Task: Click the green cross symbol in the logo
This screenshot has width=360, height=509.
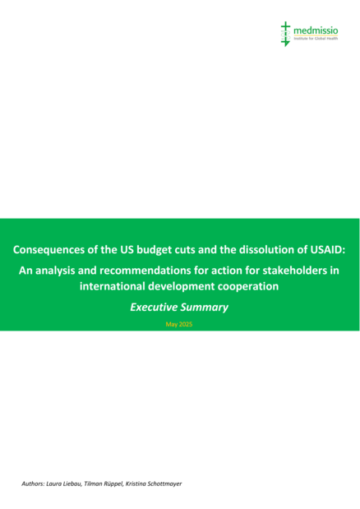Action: tap(285, 34)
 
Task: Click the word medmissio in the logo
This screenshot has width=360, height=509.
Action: tap(316, 31)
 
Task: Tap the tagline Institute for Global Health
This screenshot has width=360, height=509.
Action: tap(316, 39)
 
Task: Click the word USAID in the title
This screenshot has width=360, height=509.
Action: tap(328, 250)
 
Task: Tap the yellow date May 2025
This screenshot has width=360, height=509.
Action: tap(179, 324)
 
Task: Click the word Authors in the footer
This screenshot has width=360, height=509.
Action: tap(33, 484)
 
